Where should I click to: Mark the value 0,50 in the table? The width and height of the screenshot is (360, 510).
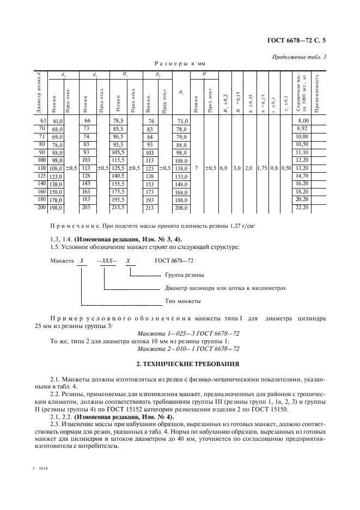click(x=286, y=168)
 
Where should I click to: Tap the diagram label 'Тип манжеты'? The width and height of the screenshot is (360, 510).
click(x=182, y=301)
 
